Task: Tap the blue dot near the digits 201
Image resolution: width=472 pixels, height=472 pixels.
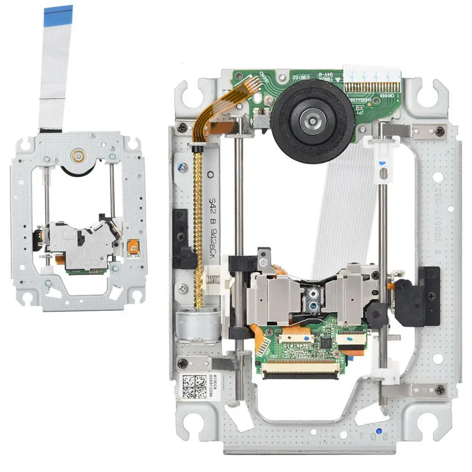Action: (379, 431)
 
